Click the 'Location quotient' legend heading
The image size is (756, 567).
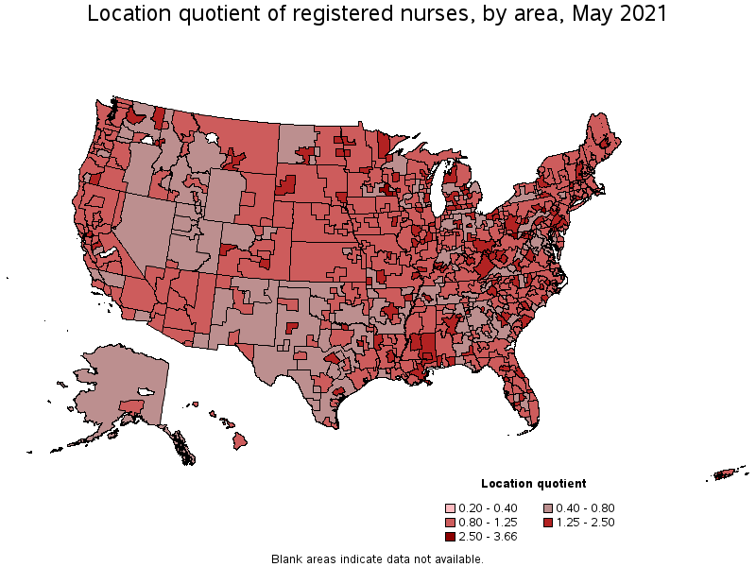click(x=533, y=483)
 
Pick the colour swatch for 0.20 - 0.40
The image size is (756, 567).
click(x=451, y=507)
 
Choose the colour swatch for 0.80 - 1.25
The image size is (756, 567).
click(x=451, y=522)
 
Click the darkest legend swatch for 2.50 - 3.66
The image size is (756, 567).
click(x=451, y=536)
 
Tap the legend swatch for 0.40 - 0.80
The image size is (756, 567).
click(x=548, y=507)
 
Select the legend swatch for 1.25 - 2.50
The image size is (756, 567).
click(x=548, y=522)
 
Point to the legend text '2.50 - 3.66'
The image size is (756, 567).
click(x=488, y=536)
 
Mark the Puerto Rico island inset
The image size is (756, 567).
click(x=728, y=472)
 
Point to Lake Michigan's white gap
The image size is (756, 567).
click(x=438, y=194)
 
